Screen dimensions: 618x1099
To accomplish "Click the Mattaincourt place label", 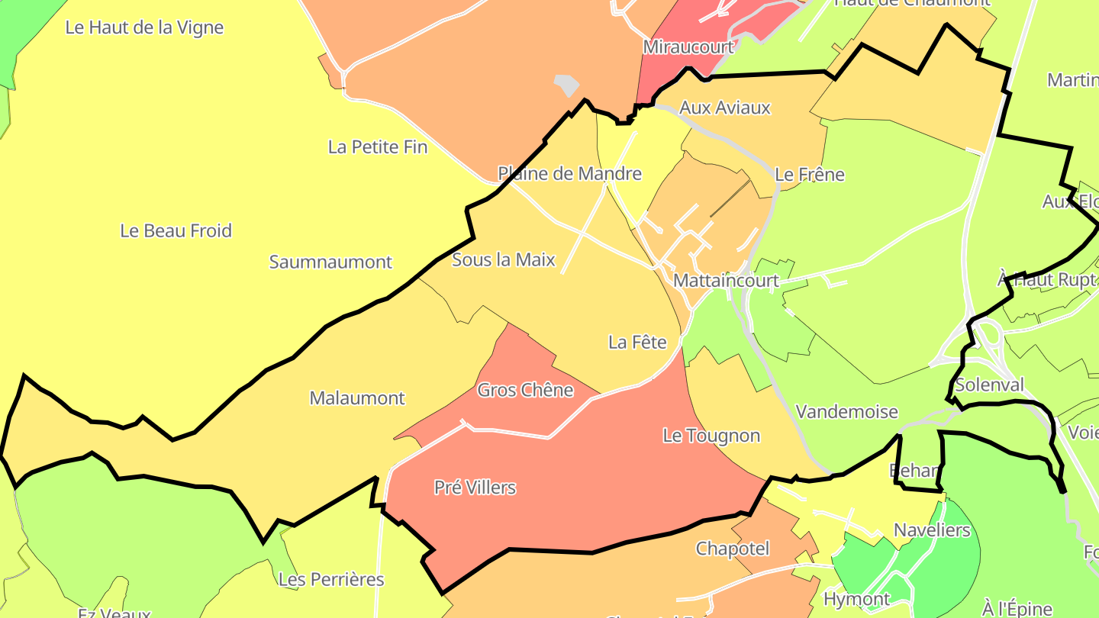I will click(x=726, y=281).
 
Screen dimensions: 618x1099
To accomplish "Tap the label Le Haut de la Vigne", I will click(x=144, y=27).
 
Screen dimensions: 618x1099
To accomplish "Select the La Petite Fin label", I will click(x=377, y=146).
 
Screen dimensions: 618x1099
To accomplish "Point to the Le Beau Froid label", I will click(x=176, y=230).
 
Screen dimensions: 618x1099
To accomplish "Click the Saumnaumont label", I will click(x=330, y=262).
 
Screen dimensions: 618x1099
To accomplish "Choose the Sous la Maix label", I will click(x=503, y=259).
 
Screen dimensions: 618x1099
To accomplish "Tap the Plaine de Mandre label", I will click(x=569, y=173).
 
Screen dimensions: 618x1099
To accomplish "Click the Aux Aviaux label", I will click(x=724, y=108).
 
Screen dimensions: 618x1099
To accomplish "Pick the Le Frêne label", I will click(x=809, y=174).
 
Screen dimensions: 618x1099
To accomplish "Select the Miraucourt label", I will click(x=688, y=47).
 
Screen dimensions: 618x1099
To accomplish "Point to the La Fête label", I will click(x=637, y=343).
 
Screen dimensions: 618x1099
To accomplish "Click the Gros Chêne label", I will click(x=525, y=390).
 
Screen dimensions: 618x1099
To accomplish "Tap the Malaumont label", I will click(x=357, y=398).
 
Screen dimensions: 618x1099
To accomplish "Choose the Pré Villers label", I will click(x=475, y=487).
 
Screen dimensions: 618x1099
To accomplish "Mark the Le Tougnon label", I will click(x=711, y=436).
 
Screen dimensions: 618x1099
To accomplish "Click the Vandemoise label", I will click(x=846, y=412).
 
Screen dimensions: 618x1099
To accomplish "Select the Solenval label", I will click(x=989, y=385).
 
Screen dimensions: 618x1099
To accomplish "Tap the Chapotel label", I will click(x=732, y=549).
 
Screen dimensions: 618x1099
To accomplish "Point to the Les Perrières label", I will click(x=331, y=579).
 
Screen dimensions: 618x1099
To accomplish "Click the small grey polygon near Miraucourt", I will click(x=567, y=85).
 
